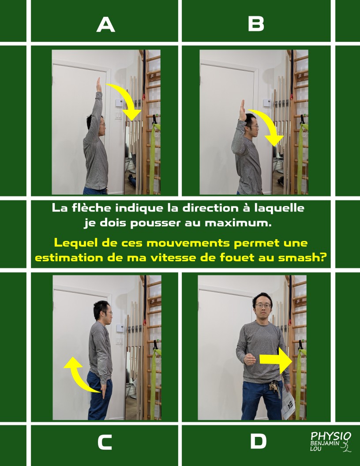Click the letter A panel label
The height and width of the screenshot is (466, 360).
[x=106, y=24]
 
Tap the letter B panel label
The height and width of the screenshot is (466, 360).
[x=256, y=24]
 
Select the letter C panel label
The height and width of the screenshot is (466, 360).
[x=105, y=442]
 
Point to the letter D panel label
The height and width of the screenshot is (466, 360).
[x=258, y=441]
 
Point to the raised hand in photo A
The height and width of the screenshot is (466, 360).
[x=99, y=85]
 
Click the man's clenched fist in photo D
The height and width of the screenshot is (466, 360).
[x=249, y=359]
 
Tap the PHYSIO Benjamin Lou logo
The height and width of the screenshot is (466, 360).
[x=330, y=442]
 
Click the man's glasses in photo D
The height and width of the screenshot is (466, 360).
[x=263, y=305]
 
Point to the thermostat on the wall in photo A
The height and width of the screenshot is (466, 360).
[x=119, y=103]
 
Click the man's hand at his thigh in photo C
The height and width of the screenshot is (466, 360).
[x=104, y=391]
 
